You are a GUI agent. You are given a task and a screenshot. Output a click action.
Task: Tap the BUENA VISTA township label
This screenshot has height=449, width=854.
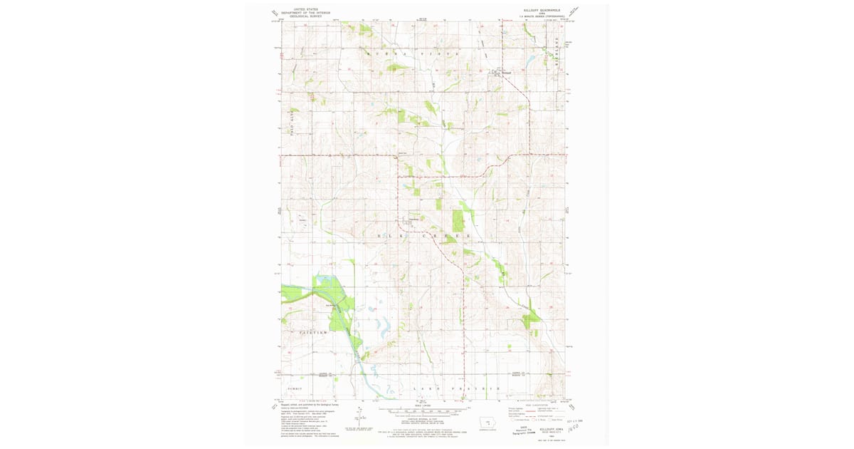coord(413,53)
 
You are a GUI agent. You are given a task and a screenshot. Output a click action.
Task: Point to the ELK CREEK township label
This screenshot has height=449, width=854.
coord(423,234)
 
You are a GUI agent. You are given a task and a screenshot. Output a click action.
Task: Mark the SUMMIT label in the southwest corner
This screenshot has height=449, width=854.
coord(295,388)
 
